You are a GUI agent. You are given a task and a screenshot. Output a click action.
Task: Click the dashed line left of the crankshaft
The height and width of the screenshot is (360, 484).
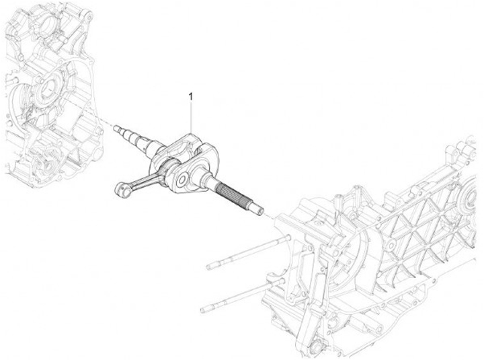pos(106,122)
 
